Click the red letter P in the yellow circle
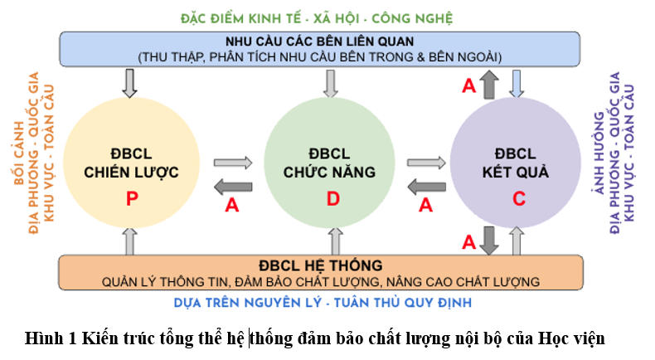coord(132,198)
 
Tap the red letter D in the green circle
coord(333,198)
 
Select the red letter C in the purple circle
coord(519,198)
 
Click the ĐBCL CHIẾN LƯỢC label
coord(131,163)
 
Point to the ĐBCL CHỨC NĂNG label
coord(330,163)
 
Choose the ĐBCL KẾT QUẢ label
coord(516,163)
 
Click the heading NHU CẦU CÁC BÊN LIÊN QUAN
coord(319,41)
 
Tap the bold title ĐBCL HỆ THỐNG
coord(320,265)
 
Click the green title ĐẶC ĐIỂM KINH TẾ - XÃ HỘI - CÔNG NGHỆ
coord(317,18)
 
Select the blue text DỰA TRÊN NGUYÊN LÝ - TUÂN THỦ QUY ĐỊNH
coord(323,303)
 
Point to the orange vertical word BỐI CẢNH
coord(19,153)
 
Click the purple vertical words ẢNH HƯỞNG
coord(599,153)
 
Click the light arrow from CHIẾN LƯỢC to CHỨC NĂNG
coord(233,163)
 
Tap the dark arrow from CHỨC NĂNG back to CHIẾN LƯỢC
coord(233,187)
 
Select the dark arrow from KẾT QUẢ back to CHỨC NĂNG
coord(426,187)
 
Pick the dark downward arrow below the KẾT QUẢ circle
coord(488,241)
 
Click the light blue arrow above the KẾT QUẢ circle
coord(517,84)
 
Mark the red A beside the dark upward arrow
coord(468,85)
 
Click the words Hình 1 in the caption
coord(51,338)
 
